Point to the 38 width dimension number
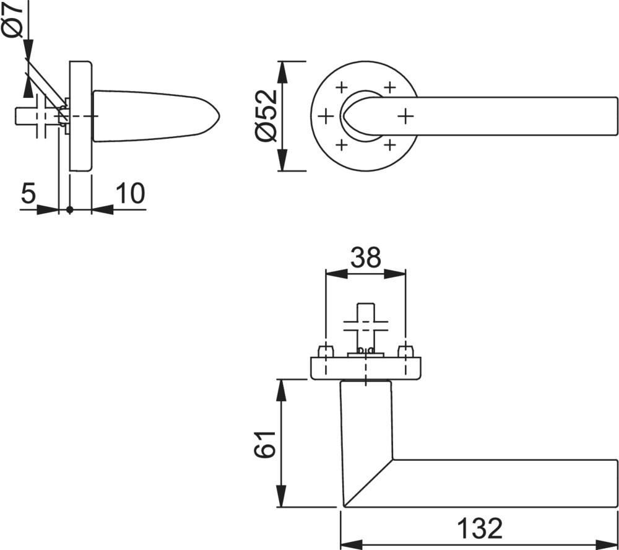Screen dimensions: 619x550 tap(366, 257)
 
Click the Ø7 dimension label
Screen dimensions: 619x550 tap(13, 19)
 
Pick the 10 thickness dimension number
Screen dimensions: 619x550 tap(130, 193)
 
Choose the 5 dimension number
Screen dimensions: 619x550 tap(28, 193)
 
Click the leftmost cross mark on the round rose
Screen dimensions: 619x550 tap(326, 116)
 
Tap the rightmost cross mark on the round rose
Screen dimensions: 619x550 tap(405, 116)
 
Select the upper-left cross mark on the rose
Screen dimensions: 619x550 tap(342, 87)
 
